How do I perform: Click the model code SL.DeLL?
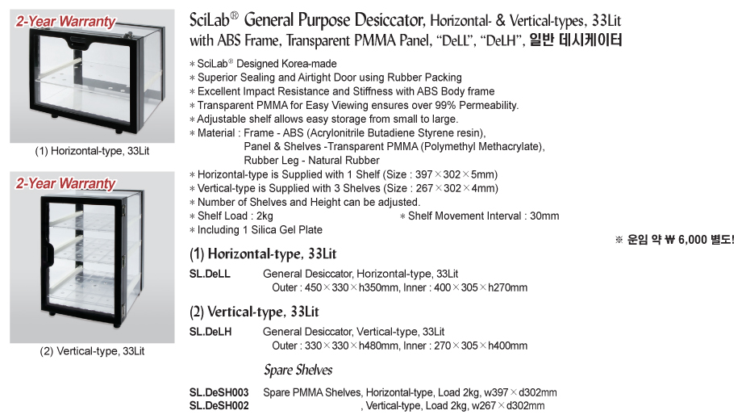[210, 274]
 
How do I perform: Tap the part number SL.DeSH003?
[219, 392]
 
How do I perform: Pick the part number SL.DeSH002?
[219, 405]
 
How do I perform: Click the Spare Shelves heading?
[298, 371]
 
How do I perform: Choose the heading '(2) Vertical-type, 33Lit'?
[242, 312]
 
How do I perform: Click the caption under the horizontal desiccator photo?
[92, 151]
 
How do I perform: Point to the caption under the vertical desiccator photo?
[92, 351]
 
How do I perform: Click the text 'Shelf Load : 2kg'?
[235, 216]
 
